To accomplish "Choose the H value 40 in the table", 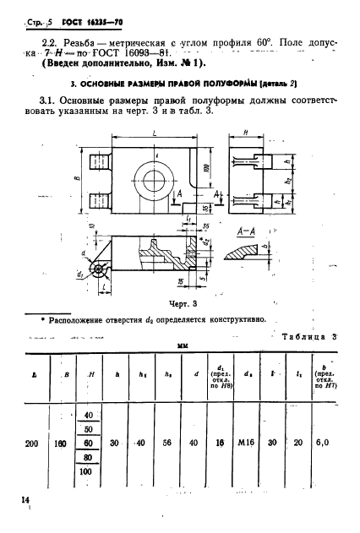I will pyautogui.click(x=85, y=414).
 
